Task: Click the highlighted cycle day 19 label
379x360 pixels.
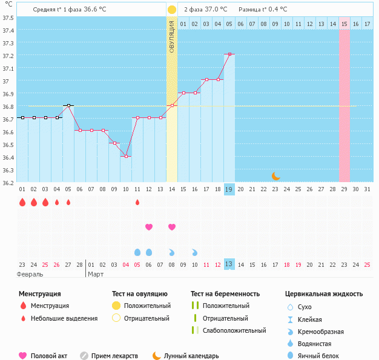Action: click(229, 189)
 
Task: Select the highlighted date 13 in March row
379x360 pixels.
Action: click(229, 264)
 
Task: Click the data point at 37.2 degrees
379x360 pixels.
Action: click(229, 54)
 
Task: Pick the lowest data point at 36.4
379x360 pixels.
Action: click(126, 156)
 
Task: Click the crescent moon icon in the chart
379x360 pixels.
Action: click(275, 176)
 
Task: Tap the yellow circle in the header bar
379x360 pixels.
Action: click(172, 10)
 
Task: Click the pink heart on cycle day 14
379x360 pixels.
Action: click(172, 227)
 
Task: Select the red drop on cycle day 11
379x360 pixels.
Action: click(137, 202)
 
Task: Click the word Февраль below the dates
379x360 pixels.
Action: click(30, 274)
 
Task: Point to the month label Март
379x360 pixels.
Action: click(96, 274)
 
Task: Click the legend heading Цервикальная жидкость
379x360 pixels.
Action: click(324, 293)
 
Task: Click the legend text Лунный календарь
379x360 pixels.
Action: click(192, 356)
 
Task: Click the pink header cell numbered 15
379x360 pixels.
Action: click(344, 24)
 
